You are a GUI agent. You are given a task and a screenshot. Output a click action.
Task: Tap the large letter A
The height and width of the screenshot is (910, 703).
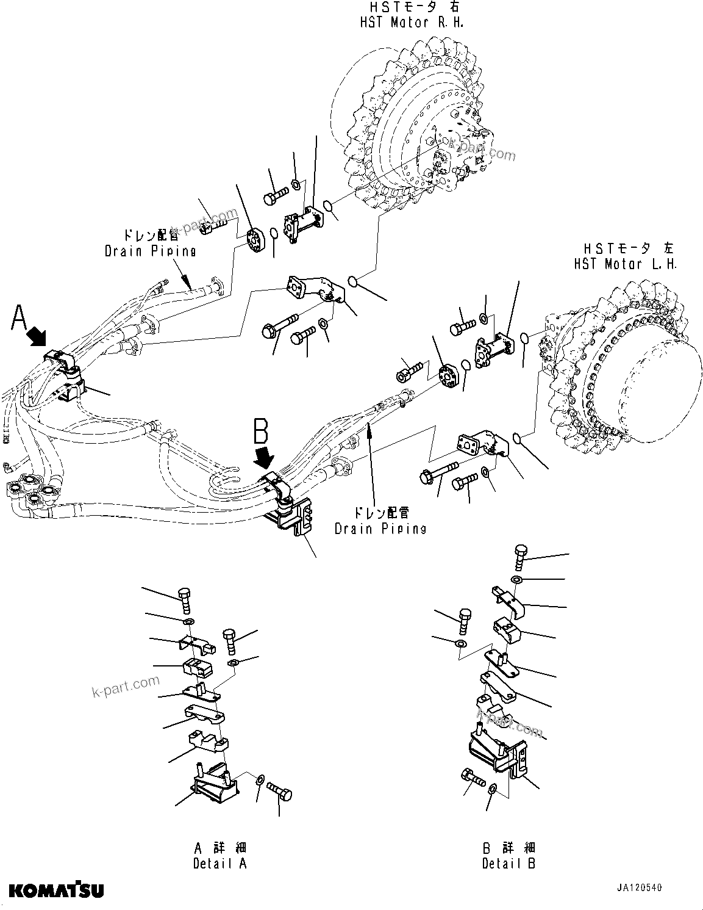click(20, 319)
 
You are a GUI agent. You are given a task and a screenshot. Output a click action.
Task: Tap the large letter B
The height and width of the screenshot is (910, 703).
click(260, 432)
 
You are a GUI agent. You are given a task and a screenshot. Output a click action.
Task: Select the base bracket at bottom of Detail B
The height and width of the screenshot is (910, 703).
click(500, 754)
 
